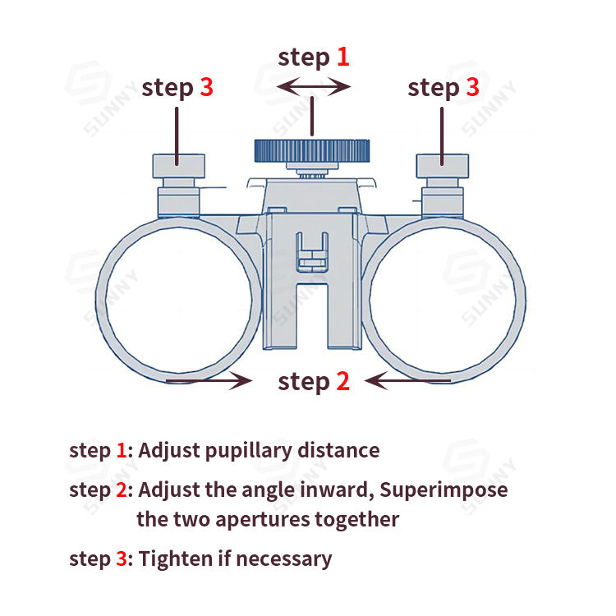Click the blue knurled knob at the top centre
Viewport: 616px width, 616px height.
pos(311,150)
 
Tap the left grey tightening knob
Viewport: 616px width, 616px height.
pos(177,165)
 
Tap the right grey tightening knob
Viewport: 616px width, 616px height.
pos(443,165)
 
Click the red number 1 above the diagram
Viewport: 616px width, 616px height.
pos(342,57)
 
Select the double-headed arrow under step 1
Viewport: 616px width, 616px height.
pos(313,85)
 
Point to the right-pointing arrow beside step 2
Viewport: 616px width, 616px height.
pos(209,379)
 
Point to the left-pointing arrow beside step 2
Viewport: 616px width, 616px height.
pos(408,379)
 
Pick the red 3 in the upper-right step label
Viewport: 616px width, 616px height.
pos(472,87)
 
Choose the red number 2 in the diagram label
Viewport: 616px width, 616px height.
pos(342,381)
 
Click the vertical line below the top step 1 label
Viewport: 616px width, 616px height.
pos(312,115)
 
